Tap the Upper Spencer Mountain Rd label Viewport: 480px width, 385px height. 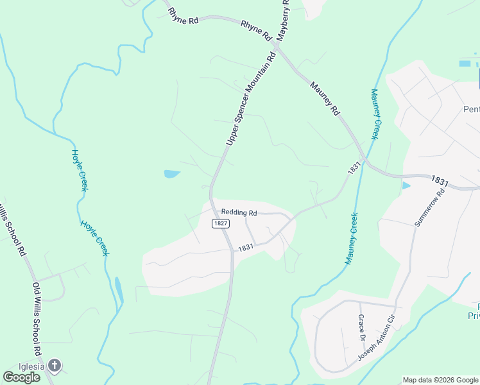pyautogui.click(x=252, y=98)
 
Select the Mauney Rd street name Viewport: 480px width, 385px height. pyautogui.click(x=325, y=98)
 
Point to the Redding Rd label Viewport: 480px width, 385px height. pyautogui.click(x=239, y=212)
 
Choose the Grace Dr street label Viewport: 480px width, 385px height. pyautogui.click(x=361, y=328)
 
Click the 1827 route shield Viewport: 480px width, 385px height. pyautogui.click(x=220, y=223)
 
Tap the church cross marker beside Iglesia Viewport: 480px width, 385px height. pyautogui.click(x=55, y=366)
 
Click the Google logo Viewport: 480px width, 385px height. pyautogui.click(x=21, y=377)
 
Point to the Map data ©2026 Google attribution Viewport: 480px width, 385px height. pyautogui.click(x=440, y=380)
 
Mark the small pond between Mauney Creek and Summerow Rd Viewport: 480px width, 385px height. pyautogui.click(x=406, y=186)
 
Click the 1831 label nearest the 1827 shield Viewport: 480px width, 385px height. pyautogui.click(x=246, y=248)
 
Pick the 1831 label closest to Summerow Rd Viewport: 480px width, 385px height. pyautogui.click(x=440, y=182)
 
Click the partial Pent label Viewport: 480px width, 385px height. pyautogui.click(x=471, y=109)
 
